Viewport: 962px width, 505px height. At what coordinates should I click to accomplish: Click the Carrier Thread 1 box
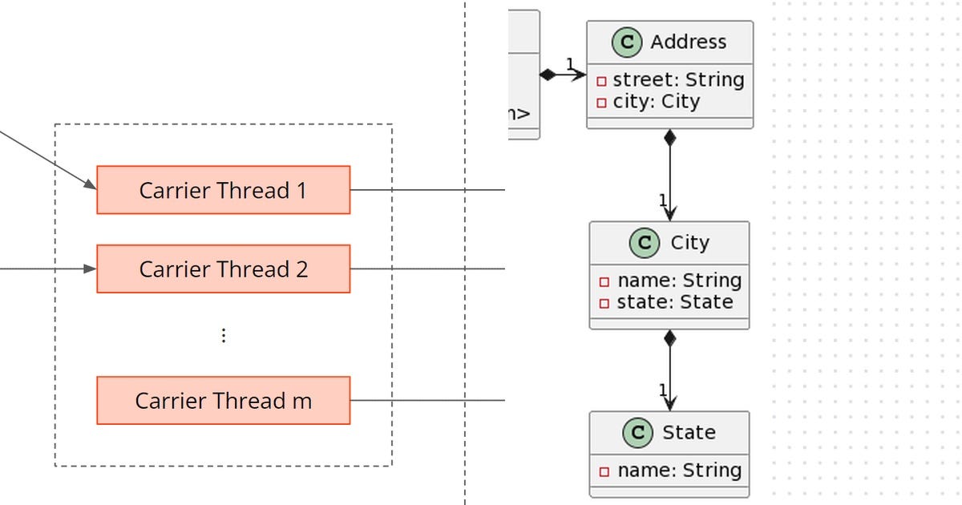tap(223, 190)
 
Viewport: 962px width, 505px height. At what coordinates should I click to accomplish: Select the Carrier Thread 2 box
tap(223, 269)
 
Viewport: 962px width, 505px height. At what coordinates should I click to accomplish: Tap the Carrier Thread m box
tap(223, 400)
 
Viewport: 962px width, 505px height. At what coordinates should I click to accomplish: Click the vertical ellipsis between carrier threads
tap(224, 336)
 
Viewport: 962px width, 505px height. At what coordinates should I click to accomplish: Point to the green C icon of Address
tap(627, 42)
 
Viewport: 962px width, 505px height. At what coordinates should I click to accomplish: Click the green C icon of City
tap(645, 243)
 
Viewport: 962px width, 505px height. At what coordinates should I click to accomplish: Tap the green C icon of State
tap(637, 433)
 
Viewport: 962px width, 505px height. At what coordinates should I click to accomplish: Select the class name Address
tap(688, 42)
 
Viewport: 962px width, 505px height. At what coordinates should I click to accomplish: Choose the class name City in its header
tap(689, 243)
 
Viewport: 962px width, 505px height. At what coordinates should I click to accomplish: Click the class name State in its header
tap(688, 433)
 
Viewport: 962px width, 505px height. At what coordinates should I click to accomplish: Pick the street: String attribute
tap(677, 80)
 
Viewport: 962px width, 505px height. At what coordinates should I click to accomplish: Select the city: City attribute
tap(656, 102)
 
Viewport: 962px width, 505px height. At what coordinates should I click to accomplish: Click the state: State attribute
tap(674, 302)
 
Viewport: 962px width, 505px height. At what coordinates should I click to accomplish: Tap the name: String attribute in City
tap(678, 281)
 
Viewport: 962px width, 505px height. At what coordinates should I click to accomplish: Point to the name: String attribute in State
tap(678, 471)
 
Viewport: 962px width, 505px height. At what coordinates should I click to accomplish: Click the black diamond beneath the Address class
tap(669, 138)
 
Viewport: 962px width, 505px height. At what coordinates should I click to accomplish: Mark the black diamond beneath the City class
tap(669, 338)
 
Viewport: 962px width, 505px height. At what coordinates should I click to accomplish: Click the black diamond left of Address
tap(548, 75)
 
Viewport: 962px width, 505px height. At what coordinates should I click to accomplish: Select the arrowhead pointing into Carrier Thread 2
tap(91, 269)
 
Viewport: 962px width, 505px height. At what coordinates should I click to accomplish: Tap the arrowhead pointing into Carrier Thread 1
tap(90, 186)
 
